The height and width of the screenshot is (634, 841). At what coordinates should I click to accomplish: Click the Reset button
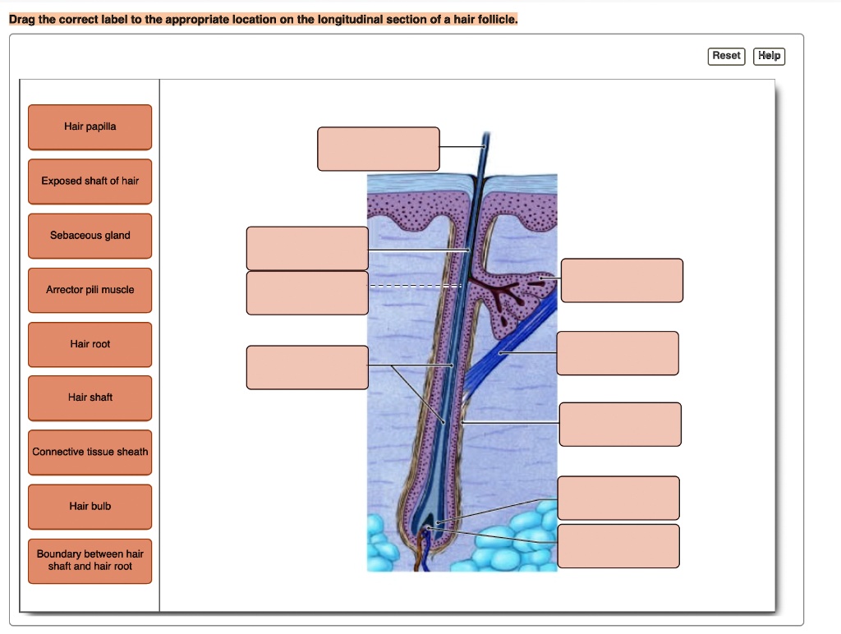(726, 56)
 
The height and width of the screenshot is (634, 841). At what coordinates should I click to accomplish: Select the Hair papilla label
(90, 126)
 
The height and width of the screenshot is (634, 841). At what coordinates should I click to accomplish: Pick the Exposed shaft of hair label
(90, 181)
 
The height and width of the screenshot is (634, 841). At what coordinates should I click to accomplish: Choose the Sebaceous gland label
(90, 236)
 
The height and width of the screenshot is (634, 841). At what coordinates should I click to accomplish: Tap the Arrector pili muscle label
(90, 290)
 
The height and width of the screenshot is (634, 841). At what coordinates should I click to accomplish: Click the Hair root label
(90, 344)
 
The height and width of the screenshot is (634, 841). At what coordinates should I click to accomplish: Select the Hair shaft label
(90, 397)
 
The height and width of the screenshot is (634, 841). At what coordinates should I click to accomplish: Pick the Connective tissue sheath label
(90, 453)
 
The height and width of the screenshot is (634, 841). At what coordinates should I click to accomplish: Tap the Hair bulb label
(90, 507)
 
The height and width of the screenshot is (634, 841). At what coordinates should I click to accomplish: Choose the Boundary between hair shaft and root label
(90, 560)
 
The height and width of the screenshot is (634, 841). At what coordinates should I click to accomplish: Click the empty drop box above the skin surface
(379, 149)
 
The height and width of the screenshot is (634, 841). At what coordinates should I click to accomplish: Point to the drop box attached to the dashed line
(307, 292)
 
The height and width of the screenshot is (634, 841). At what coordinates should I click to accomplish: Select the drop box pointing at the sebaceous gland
(622, 280)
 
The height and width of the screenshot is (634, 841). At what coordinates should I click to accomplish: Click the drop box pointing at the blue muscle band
(618, 353)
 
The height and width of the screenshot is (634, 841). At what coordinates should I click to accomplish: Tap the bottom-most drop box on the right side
(618, 546)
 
